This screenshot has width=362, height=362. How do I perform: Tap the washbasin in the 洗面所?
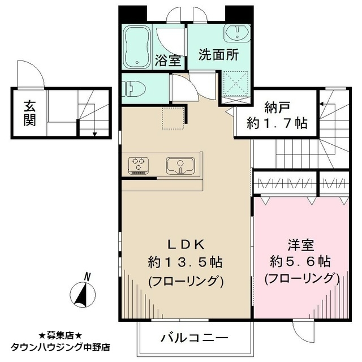point(237,33)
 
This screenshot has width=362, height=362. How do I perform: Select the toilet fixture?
point(133,89)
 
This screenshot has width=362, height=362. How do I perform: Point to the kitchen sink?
point(180,166)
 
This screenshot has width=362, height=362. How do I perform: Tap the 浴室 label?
point(168,60)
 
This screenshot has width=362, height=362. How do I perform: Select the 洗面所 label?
point(219,55)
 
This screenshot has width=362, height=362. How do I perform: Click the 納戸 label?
point(277,108)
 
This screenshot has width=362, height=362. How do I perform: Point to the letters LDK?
point(186,245)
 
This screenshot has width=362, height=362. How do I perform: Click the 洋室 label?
point(300,245)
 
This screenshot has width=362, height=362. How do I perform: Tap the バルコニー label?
point(195,338)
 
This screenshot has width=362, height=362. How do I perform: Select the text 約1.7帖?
point(277,123)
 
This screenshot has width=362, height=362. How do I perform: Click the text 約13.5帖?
point(186,262)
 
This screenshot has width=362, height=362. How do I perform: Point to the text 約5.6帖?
point(300,262)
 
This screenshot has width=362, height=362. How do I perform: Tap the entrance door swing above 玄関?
point(31,74)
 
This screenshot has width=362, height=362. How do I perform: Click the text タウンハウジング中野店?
point(61,347)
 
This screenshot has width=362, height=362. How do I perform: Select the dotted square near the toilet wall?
point(173,118)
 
